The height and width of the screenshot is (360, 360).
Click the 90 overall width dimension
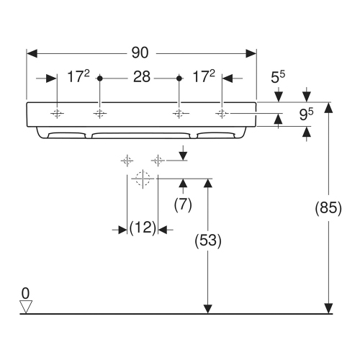140,53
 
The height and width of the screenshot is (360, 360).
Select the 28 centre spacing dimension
142,77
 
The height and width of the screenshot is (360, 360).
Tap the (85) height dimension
328,207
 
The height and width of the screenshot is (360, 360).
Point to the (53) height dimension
208,240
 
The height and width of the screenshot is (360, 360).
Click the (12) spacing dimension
143,228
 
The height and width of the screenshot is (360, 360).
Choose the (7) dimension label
183,204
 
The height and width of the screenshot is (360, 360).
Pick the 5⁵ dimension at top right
278,77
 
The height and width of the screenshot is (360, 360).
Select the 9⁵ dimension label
306,114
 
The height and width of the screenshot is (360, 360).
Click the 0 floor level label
25,293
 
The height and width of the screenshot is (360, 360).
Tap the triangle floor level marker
26,307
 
